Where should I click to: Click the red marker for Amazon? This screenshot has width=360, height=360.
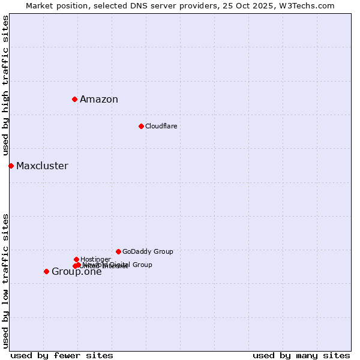point(74,99)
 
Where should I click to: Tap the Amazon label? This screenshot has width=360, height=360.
point(99,100)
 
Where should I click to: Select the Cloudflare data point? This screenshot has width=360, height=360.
point(141,126)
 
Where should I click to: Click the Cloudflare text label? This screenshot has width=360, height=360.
point(161,126)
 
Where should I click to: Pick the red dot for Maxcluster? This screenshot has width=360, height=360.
point(11,166)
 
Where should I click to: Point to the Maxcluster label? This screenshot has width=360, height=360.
point(42,166)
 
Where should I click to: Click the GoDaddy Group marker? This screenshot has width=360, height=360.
point(118,251)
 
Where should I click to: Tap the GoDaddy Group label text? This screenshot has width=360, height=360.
point(148,251)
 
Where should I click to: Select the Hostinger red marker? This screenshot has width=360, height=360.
point(76,259)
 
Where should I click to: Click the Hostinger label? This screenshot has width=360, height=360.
point(95,259)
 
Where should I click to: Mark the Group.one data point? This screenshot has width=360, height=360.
point(46,271)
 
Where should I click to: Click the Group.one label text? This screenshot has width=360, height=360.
point(77,272)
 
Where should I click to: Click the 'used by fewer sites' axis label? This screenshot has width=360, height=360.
point(62,355)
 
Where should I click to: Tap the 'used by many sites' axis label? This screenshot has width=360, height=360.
point(301,355)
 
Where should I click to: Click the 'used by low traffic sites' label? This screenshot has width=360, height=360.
point(5,280)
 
